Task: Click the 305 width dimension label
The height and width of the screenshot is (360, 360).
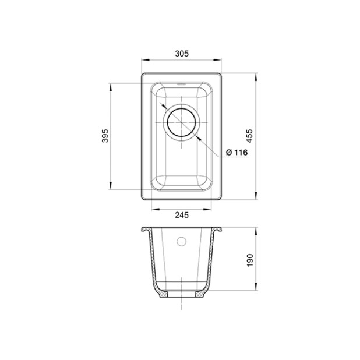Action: (x=182, y=54)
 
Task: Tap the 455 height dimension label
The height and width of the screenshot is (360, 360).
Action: (x=250, y=136)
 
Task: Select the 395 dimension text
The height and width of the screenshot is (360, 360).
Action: (x=105, y=136)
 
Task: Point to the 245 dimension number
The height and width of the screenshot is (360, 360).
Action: (x=182, y=215)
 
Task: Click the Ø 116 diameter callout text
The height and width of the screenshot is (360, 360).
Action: (x=237, y=152)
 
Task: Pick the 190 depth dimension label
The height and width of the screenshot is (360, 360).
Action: (x=250, y=260)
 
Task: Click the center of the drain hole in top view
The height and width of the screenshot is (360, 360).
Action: (x=182, y=122)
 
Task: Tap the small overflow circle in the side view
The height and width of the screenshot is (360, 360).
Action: (x=181, y=241)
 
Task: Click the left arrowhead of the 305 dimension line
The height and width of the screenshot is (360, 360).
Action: (x=145, y=60)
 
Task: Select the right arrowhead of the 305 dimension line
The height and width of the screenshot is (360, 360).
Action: (x=217, y=60)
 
